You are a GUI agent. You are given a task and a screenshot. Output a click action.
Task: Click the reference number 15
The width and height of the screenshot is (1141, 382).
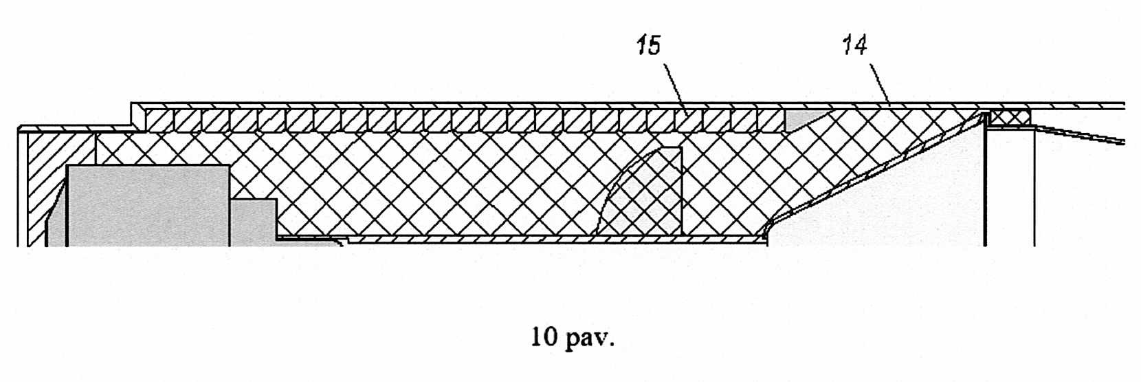tap(648, 47)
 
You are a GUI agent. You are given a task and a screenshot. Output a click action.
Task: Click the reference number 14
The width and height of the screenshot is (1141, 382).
tap(854, 45)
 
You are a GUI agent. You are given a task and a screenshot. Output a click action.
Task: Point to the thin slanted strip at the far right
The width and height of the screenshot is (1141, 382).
tap(1079, 134)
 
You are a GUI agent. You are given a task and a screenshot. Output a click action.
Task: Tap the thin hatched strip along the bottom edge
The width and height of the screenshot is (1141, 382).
tap(550, 239)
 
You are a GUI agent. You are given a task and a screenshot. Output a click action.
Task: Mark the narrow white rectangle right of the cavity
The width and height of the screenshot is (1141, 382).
tap(1010, 186)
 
